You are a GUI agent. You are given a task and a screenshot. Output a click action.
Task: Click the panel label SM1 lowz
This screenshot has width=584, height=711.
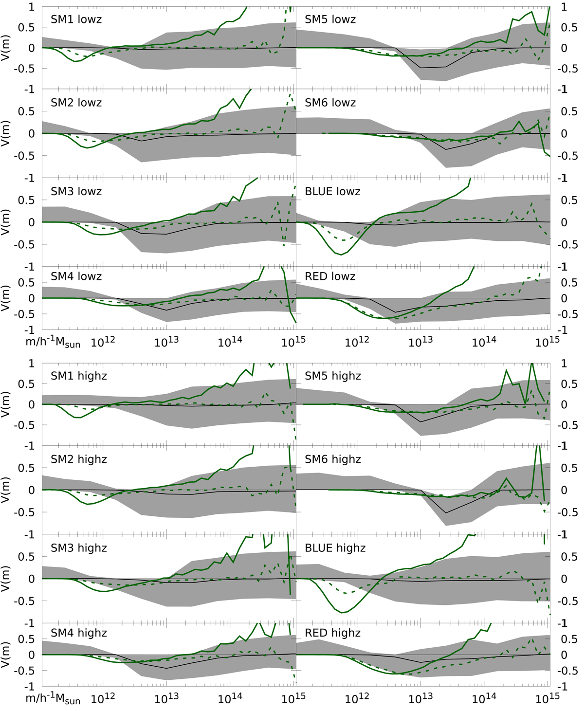tap(76, 19)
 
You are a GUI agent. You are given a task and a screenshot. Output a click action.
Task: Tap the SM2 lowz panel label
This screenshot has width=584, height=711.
tap(76, 103)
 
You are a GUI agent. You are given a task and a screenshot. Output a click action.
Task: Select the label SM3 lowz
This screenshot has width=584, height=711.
tap(76, 192)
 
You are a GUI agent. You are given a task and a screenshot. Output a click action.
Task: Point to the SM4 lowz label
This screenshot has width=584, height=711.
tap(76, 276)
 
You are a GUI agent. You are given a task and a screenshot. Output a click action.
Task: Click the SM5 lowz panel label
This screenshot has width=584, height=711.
tap(330, 19)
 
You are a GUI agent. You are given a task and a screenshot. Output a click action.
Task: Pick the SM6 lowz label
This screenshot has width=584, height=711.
tap(330, 103)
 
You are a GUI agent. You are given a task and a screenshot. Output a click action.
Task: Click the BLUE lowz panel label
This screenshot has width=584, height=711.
tap(333, 192)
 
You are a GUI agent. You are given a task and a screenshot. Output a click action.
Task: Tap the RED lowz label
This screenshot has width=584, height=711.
tap(330, 276)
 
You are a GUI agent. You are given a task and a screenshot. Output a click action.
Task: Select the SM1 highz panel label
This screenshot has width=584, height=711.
tap(79, 376)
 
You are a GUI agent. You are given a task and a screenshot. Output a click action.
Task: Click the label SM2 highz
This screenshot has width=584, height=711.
tap(79, 459)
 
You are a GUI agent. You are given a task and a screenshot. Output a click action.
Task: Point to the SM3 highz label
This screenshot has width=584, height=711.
tap(79, 548)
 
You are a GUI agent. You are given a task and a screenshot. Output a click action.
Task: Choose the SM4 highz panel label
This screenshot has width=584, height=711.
tap(79, 633)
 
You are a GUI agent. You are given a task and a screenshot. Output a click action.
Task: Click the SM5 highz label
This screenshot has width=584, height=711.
tap(333, 376)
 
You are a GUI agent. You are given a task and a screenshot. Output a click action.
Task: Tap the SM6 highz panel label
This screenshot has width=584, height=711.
tap(333, 459)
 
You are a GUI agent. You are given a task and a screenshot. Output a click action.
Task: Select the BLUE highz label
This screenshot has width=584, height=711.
tap(335, 548)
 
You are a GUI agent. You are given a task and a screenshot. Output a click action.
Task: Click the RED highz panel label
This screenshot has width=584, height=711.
tap(333, 633)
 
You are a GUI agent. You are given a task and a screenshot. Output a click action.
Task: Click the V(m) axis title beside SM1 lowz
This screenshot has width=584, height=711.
tap(5, 48)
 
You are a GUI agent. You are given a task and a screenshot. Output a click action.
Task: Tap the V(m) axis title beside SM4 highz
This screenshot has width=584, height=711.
tap(5, 655)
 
